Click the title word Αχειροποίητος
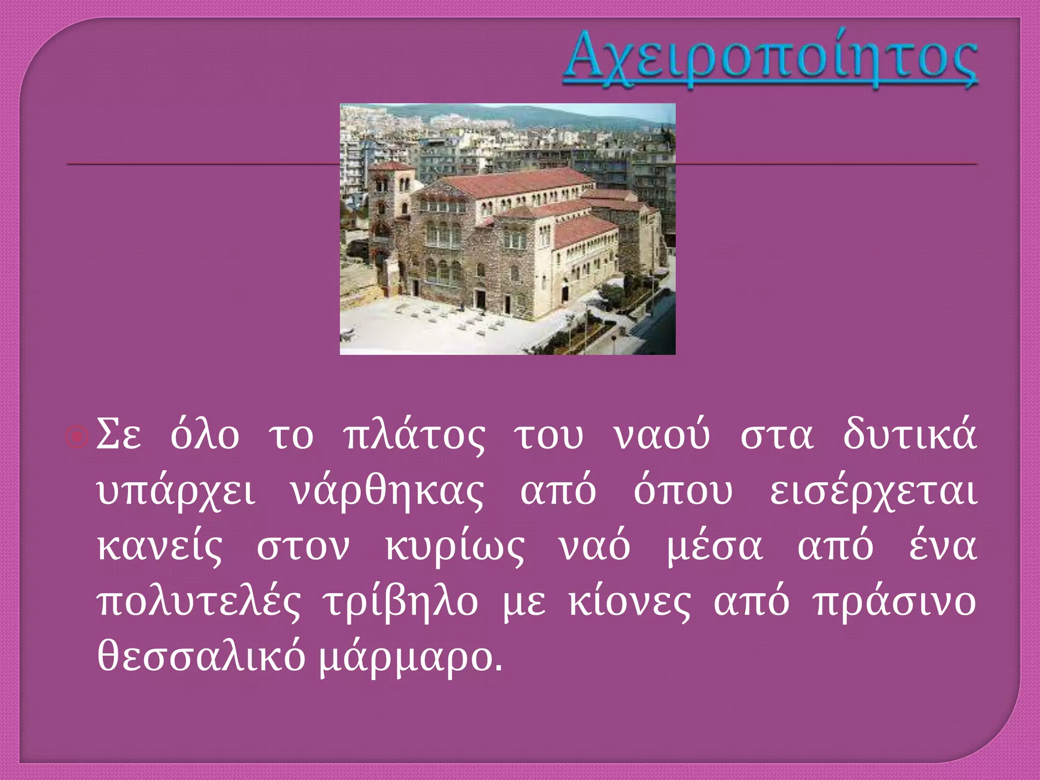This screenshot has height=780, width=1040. [770, 60]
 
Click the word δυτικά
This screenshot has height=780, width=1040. [909, 435]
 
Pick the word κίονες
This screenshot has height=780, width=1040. [629, 603]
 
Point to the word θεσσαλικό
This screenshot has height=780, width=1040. [201, 658]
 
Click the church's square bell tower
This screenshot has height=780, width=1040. [386, 203]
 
